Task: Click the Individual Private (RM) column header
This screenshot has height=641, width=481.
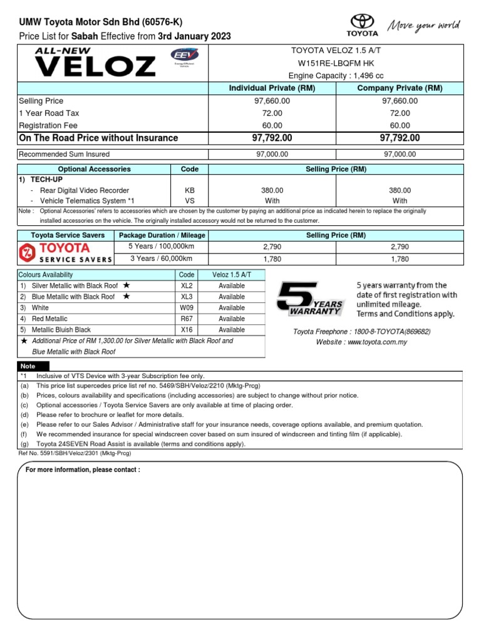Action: (x=272, y=88)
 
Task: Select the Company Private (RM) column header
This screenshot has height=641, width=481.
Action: (x=400, y=88)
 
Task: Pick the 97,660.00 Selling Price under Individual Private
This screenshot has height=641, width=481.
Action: (x=272, y=101)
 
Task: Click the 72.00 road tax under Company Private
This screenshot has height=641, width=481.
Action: (x=400, y=113)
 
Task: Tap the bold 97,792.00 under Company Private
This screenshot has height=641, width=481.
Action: (x=400, y=138)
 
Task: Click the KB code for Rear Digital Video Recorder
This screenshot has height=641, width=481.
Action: (x=190, y=190)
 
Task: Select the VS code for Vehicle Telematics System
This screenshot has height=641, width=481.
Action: (x=190, y=201)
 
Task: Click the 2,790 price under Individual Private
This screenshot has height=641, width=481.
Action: (x=272, y=247)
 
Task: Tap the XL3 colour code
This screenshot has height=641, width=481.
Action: (x=187, y=297)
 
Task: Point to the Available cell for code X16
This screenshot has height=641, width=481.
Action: (x=232, y=330)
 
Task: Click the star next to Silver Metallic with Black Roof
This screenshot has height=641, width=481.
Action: (x=127, y=285)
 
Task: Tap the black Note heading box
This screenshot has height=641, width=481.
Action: (x=28, y=366)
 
